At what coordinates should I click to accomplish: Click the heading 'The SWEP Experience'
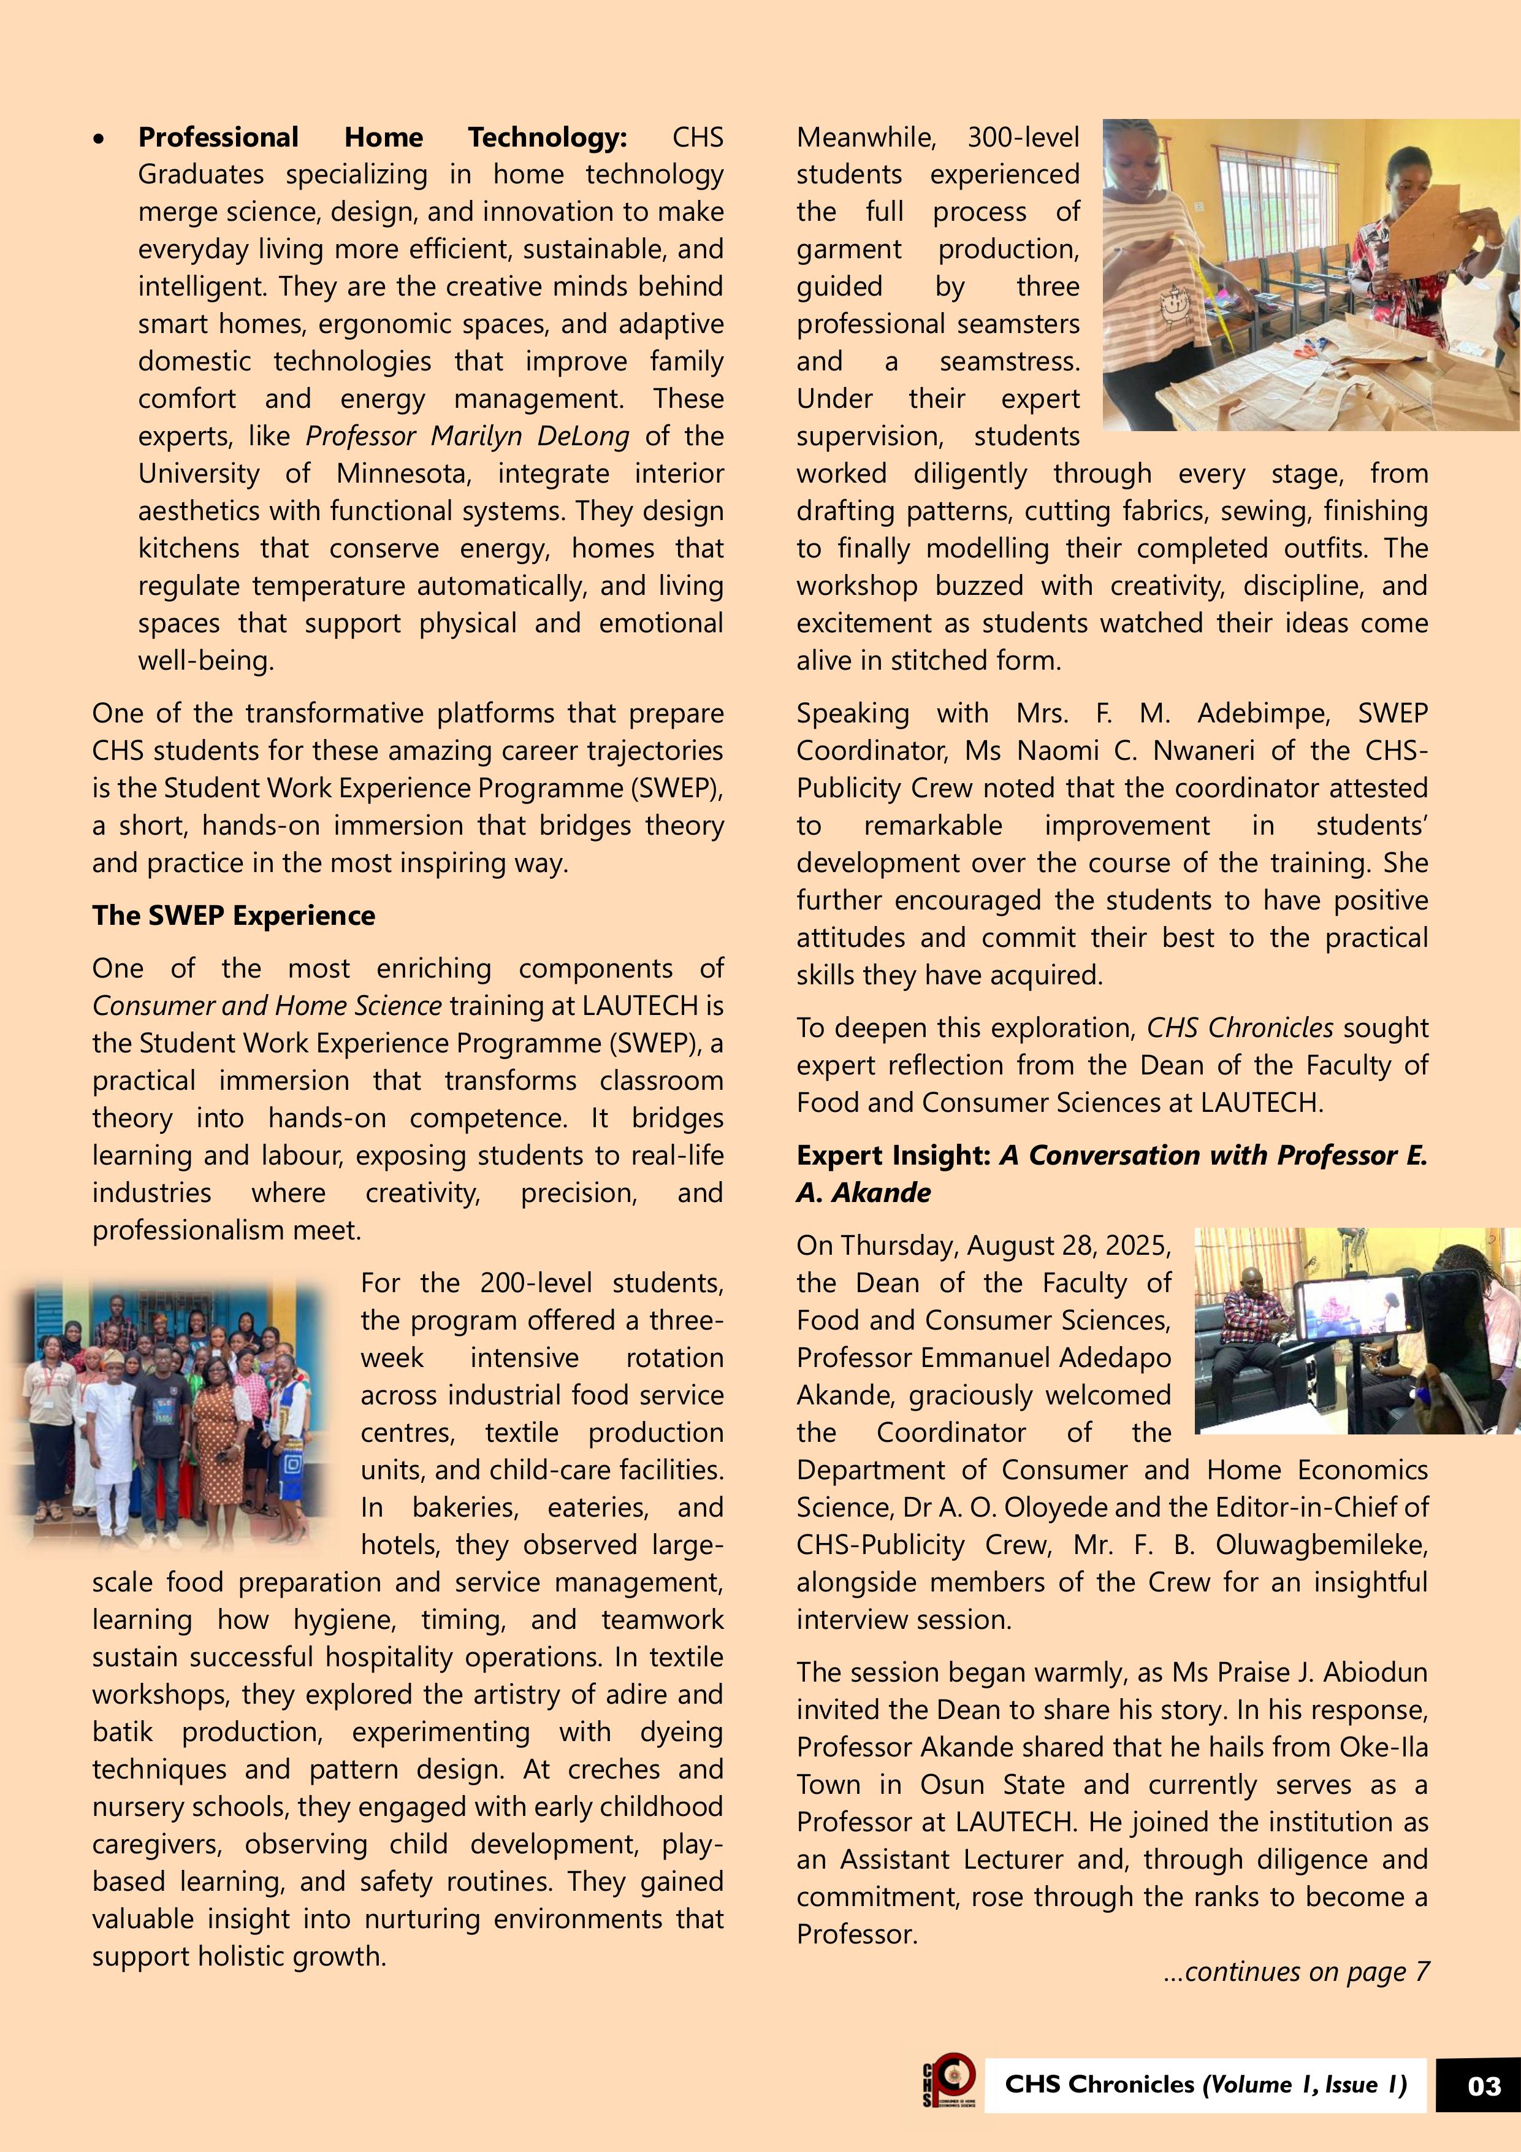point(234,916)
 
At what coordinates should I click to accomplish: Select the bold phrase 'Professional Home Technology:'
point(383,138)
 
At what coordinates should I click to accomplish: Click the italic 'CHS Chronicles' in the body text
point(1239,1028)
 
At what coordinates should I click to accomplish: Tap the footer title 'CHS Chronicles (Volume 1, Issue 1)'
point(1205,2085)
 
